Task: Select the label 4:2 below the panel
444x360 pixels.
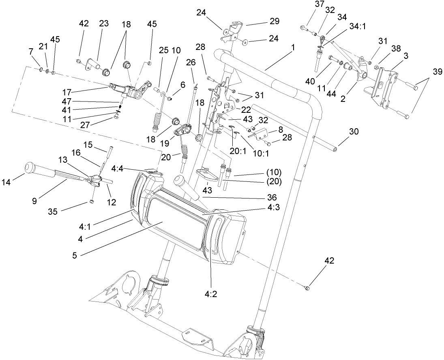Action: pyautogui.click(x=211, y=294)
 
